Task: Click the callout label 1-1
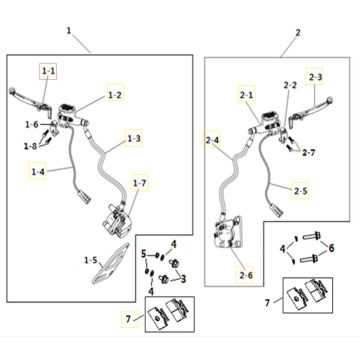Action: tap(48, 71)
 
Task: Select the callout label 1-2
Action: tap(115, 95)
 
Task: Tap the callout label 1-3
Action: tap(133, 138)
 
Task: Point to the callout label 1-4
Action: tap(38, 171)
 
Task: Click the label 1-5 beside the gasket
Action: tap(91, 260)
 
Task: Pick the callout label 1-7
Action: tap(139, 183)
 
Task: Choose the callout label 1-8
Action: tap(30, 145)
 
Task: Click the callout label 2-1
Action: tap(246, 95)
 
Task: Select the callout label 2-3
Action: tap(315, 77)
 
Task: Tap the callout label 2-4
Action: tap(212, 140)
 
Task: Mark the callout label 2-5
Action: tap(300, 191)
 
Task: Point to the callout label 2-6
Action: tap(246, 275)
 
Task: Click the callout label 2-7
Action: tap(309, 153)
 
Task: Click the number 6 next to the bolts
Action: tap(331, 248)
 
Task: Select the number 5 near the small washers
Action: tap(144, 254)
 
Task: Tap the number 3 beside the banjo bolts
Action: tap(183, 279)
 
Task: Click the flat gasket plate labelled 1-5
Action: tap(110, 263)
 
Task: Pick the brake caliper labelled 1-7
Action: tap(116, 219)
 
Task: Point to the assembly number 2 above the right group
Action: tap(298, 33)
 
